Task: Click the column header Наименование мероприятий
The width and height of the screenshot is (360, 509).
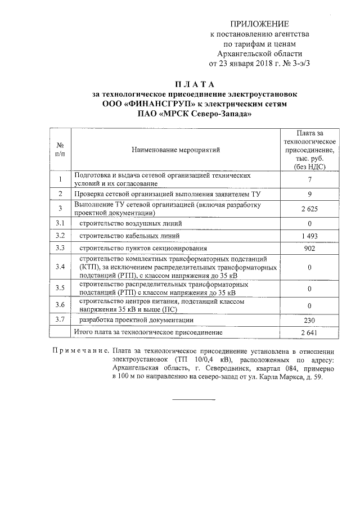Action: click(x=175, y=150)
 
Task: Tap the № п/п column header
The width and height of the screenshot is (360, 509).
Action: click(x=60, y=150)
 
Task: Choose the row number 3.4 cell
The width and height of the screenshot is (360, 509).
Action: click(x=60, y=267)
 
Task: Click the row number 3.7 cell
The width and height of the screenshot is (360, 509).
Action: click(x=60, y=320)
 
